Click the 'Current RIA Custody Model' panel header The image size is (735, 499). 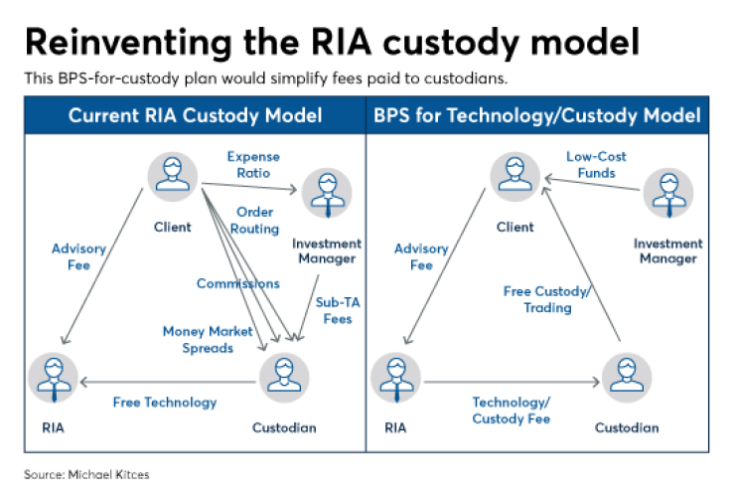click(x=195, y=116)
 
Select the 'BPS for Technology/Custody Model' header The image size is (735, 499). click(x=537, y=116)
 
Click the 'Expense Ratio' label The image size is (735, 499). click(x=253, y=165)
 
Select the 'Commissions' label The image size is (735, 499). click(x=237, y=283)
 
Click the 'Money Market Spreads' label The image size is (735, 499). click(x=209, y=340)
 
